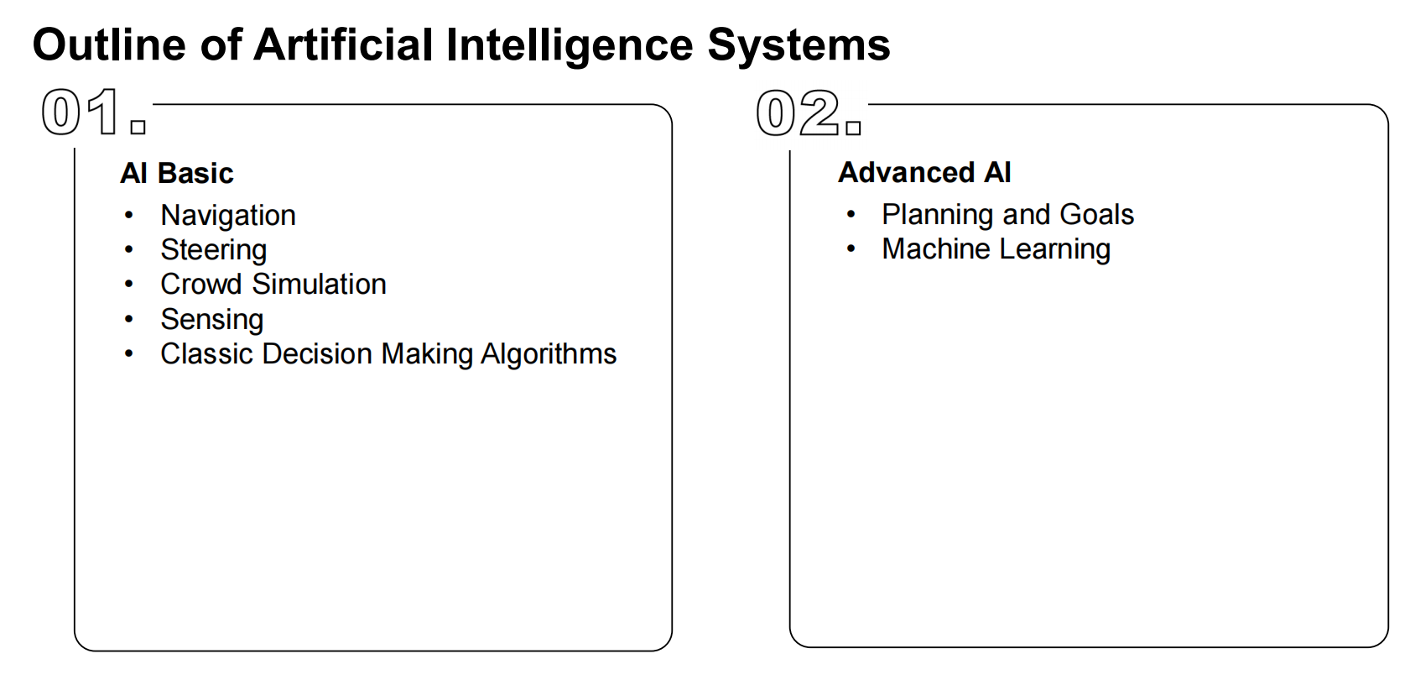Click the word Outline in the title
click(x=109, y=44)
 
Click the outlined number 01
click(x=82, y=112)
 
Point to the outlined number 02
click(x=798, y=113)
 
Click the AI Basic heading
click(x=176, y=173)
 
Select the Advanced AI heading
click(x=924, y=172)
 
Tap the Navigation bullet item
click(x=228, y=216)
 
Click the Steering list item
click(x=214, y=250)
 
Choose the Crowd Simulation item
click(x=273, y=285)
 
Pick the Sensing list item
click(x=212, y=320)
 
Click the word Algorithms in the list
click(x=549, y=354)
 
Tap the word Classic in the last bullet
click(x=207, y=354)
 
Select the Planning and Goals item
click(x=1007, y=215)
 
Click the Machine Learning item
click(x=996, y=249)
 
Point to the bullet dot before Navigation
click(x=128, y=216)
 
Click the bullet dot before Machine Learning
click(x=851, y=248)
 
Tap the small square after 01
click(x=138, y=128)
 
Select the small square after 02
click(x=853, y=128)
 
